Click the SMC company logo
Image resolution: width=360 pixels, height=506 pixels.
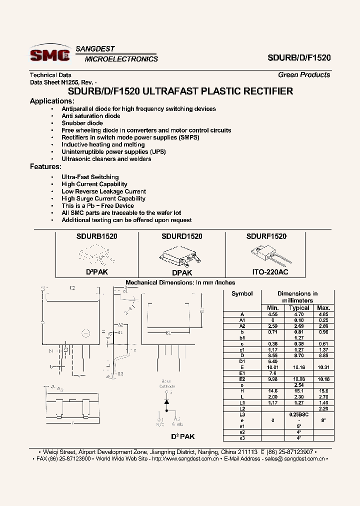tap(49, 54)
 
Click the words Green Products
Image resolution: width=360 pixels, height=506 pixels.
tap(304, 75)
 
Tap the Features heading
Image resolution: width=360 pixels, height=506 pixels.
tap(45, 166)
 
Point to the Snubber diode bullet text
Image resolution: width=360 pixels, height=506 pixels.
tap(82, 123)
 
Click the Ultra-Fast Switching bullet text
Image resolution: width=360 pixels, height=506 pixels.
tap(90, 177)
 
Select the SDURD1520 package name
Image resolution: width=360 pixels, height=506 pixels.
tap(181, 236)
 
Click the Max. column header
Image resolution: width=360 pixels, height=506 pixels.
tap(323, 307)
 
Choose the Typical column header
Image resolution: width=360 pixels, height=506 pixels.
tap(299, 307)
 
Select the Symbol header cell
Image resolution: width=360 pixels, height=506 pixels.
tap(242, 294)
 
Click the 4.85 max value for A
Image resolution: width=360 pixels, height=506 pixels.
tap(323, 314)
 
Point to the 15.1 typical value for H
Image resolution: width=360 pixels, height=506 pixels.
tap(299, 390)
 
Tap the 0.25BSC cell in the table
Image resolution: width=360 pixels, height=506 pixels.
tap(299, 414)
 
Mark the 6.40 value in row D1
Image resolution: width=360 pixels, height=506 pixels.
tap(272, 360)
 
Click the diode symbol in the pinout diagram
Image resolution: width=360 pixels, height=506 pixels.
tap(166, 401)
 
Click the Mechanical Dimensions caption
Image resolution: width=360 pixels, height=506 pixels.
tap(180, 282)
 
